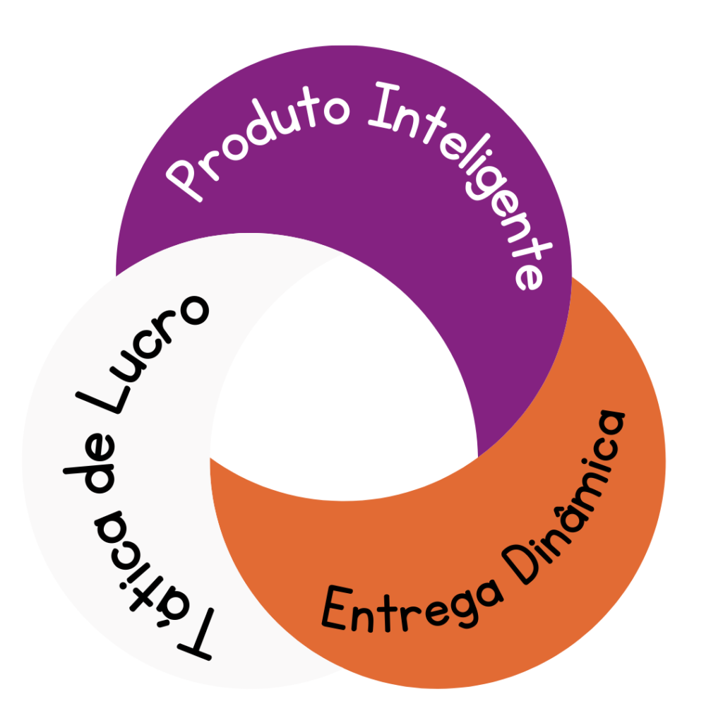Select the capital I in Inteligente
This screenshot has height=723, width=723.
383,105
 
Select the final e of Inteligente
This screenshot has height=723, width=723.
530,276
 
